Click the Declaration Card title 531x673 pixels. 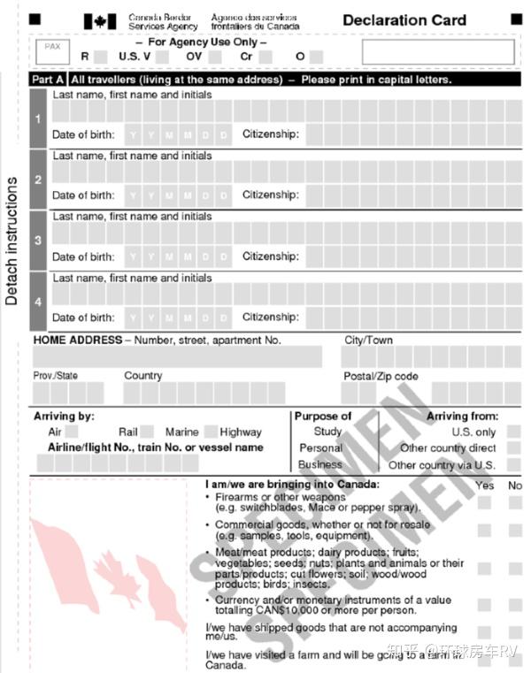tap(404, 20)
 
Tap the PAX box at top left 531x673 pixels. tap(52, 50)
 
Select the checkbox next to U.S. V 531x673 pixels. tap(163, 57)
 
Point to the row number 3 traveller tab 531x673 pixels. tap(37, 241)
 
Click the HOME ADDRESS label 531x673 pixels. tap(78, 340)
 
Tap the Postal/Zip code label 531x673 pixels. tap(381, 376)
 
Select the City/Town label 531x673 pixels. tap(368, 340)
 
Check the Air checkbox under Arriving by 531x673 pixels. tap(72, 432)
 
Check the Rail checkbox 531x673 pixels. tap(147, 432)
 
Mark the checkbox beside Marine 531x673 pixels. tap(211, 432)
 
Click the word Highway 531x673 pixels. tap(241, 432)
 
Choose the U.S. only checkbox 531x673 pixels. tap(513, 432)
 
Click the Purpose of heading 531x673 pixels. tap(323, 416)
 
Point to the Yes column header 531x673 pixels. tap(485, 486)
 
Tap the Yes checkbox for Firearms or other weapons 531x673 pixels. tap(484, 502)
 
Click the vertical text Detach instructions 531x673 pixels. tap(12, 241)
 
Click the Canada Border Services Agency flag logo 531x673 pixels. tap(100, 21)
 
